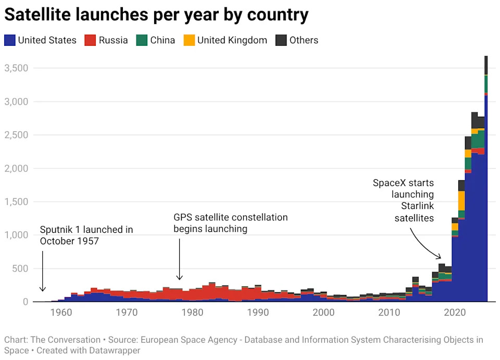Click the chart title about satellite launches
point(156,15)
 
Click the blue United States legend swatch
point(10,40)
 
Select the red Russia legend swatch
point(90,40)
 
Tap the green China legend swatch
point(141,40)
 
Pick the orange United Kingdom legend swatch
point(189,40)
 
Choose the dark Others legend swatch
point(281,40)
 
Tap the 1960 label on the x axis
point(61,313)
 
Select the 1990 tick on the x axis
point(258,313)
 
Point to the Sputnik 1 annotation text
point(86,235)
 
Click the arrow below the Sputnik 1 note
point(43,271)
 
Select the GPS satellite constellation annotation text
point(230,223)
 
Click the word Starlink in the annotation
point(417,206)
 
